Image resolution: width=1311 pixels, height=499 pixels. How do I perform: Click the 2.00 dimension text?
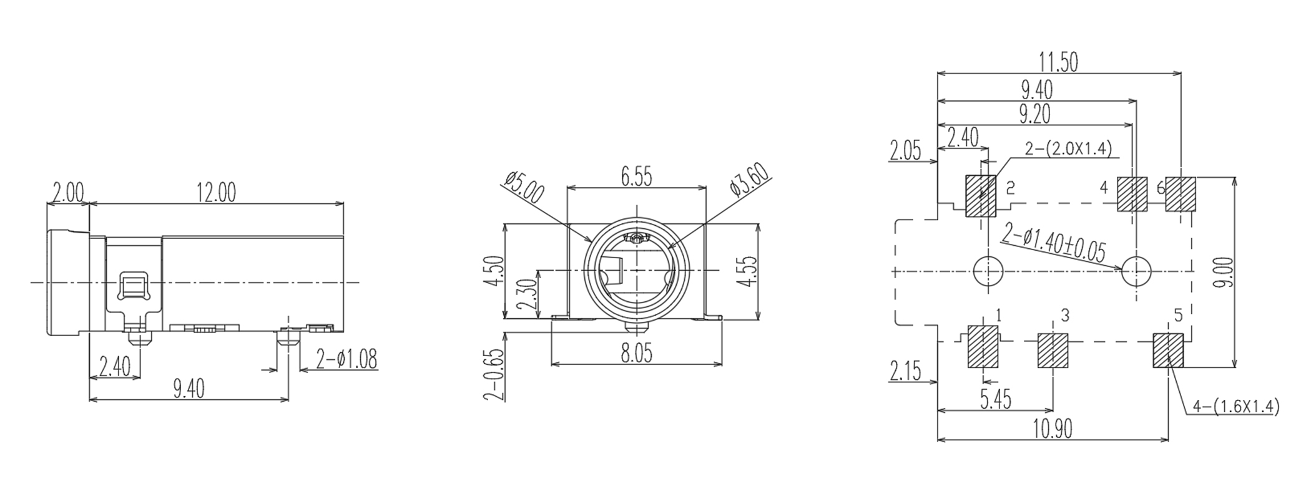click(x=67, y=193)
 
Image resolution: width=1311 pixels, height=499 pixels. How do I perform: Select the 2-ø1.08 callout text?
click(x=346, y=360)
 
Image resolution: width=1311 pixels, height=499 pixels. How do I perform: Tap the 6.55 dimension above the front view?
click(x=636, y=177)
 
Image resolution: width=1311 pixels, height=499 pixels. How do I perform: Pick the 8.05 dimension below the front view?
click(x=636, y=354)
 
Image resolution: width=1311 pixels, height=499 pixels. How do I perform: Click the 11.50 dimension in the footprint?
click(x=1058, y=62)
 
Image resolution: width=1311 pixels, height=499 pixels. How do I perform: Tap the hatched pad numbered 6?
click(x=1181, y=194)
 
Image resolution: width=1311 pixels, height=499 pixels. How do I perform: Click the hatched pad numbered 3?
click(x=1053, y=351)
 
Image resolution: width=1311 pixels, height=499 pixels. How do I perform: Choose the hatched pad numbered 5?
click(x=1167, y=351)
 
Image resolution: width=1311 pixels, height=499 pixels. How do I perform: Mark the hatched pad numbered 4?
click(x=1132, y=194)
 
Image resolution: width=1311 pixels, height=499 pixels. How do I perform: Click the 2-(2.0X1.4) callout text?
click(x=1068, y=148)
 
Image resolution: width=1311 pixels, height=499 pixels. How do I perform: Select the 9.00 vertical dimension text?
click(x=1225, y=272)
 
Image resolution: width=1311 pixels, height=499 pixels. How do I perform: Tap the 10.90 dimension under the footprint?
click(x=1053, y=429)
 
